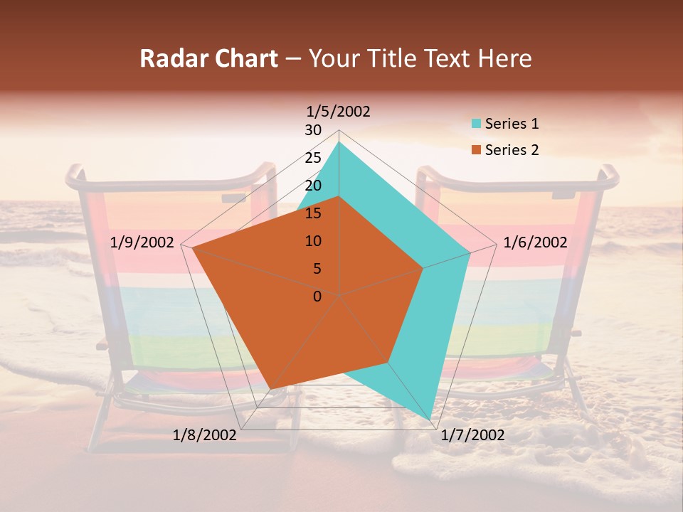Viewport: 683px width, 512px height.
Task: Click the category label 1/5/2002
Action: pos(338,111)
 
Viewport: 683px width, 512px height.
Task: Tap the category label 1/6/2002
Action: pos(535,242)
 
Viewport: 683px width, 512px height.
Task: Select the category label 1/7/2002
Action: pos(472,435)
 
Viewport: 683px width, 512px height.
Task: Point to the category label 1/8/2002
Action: pos(205,435)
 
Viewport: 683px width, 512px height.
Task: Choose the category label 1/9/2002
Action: pos(142,242)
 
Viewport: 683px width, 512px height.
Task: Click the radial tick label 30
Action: pos(313,130)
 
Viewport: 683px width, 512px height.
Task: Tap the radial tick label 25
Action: pos(313,158)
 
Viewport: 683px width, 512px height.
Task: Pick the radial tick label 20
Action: pos(313,186)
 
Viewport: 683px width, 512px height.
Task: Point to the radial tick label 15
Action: pos(313,213)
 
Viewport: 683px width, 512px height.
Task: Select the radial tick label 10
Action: pos(313,241)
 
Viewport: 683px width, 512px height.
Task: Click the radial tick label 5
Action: pos(317,269)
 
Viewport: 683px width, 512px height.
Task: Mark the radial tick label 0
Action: pos(317,297)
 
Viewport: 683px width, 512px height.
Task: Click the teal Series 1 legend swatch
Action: pos(476,124)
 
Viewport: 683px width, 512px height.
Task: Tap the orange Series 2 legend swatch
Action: pos(476,150)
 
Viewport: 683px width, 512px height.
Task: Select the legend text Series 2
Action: pos(512,150)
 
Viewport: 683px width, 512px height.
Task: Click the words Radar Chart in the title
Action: pos(208,58)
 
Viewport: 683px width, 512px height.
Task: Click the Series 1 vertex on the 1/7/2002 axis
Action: pos(431,420)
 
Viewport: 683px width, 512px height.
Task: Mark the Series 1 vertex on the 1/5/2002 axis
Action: pos(339,142)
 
